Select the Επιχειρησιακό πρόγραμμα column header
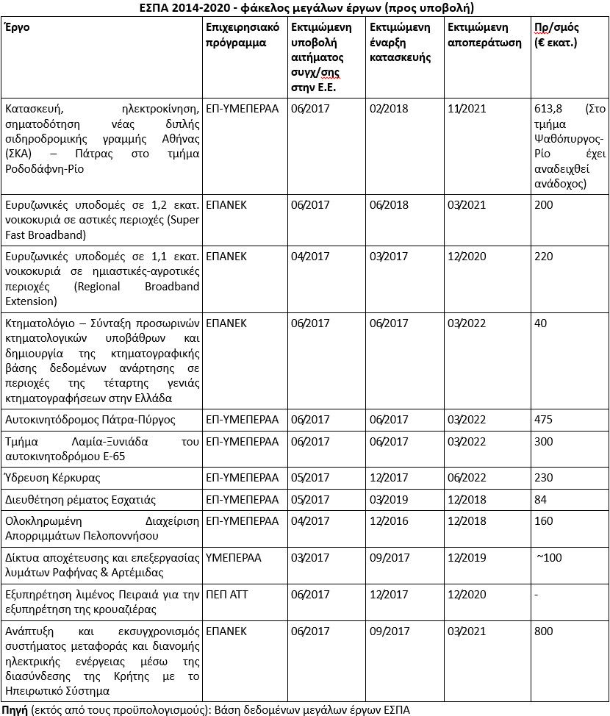(239, 35)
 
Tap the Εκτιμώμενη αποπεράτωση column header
(478, 35)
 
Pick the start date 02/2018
(388, 109)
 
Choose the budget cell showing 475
(545, 420)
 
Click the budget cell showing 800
(545, 631)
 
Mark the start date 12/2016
(388, 521)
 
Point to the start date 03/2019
(388, 500)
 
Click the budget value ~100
(549, 558)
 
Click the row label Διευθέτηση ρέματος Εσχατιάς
(80, 500)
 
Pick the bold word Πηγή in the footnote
(15, 709)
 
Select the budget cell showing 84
(542, 500)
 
